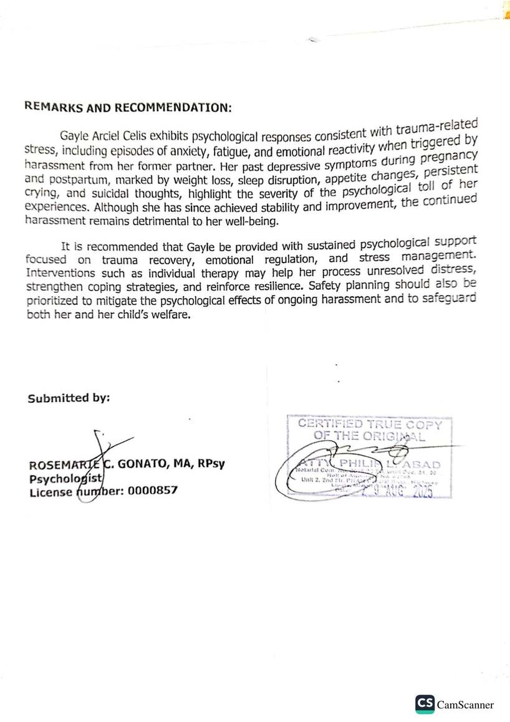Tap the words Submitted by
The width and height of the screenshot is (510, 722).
click(x=69, y=398)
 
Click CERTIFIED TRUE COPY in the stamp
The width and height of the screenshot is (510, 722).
click(x=369, y=425)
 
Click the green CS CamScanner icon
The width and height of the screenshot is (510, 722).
click(x=425, y=705)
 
